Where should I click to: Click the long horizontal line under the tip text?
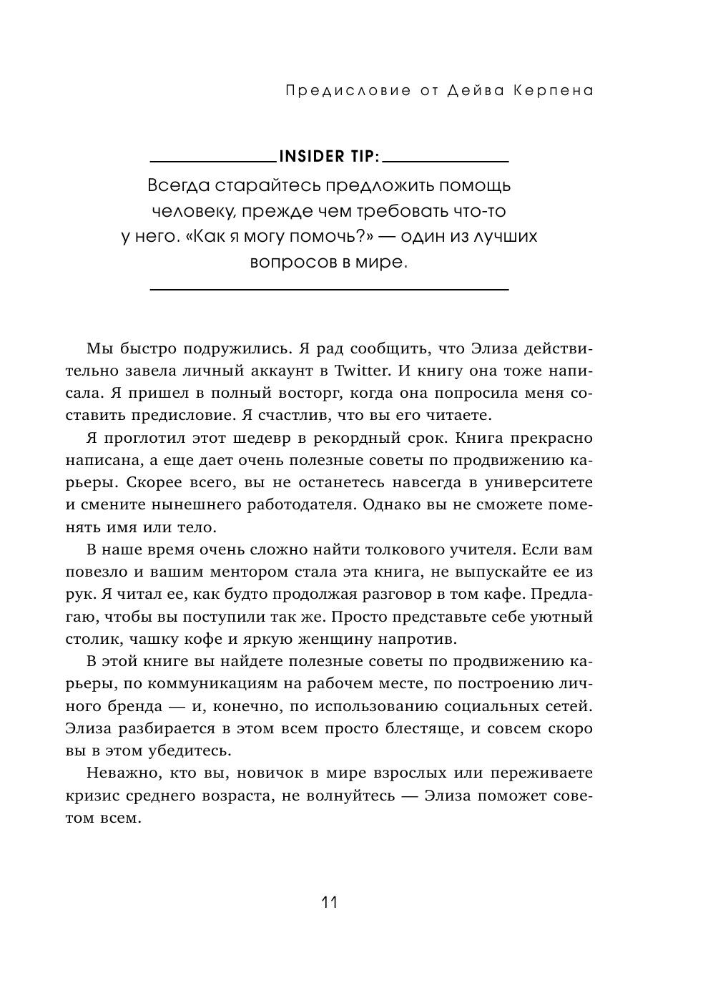click(x=328, y=289)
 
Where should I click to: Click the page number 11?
click(x=329, y=902)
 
